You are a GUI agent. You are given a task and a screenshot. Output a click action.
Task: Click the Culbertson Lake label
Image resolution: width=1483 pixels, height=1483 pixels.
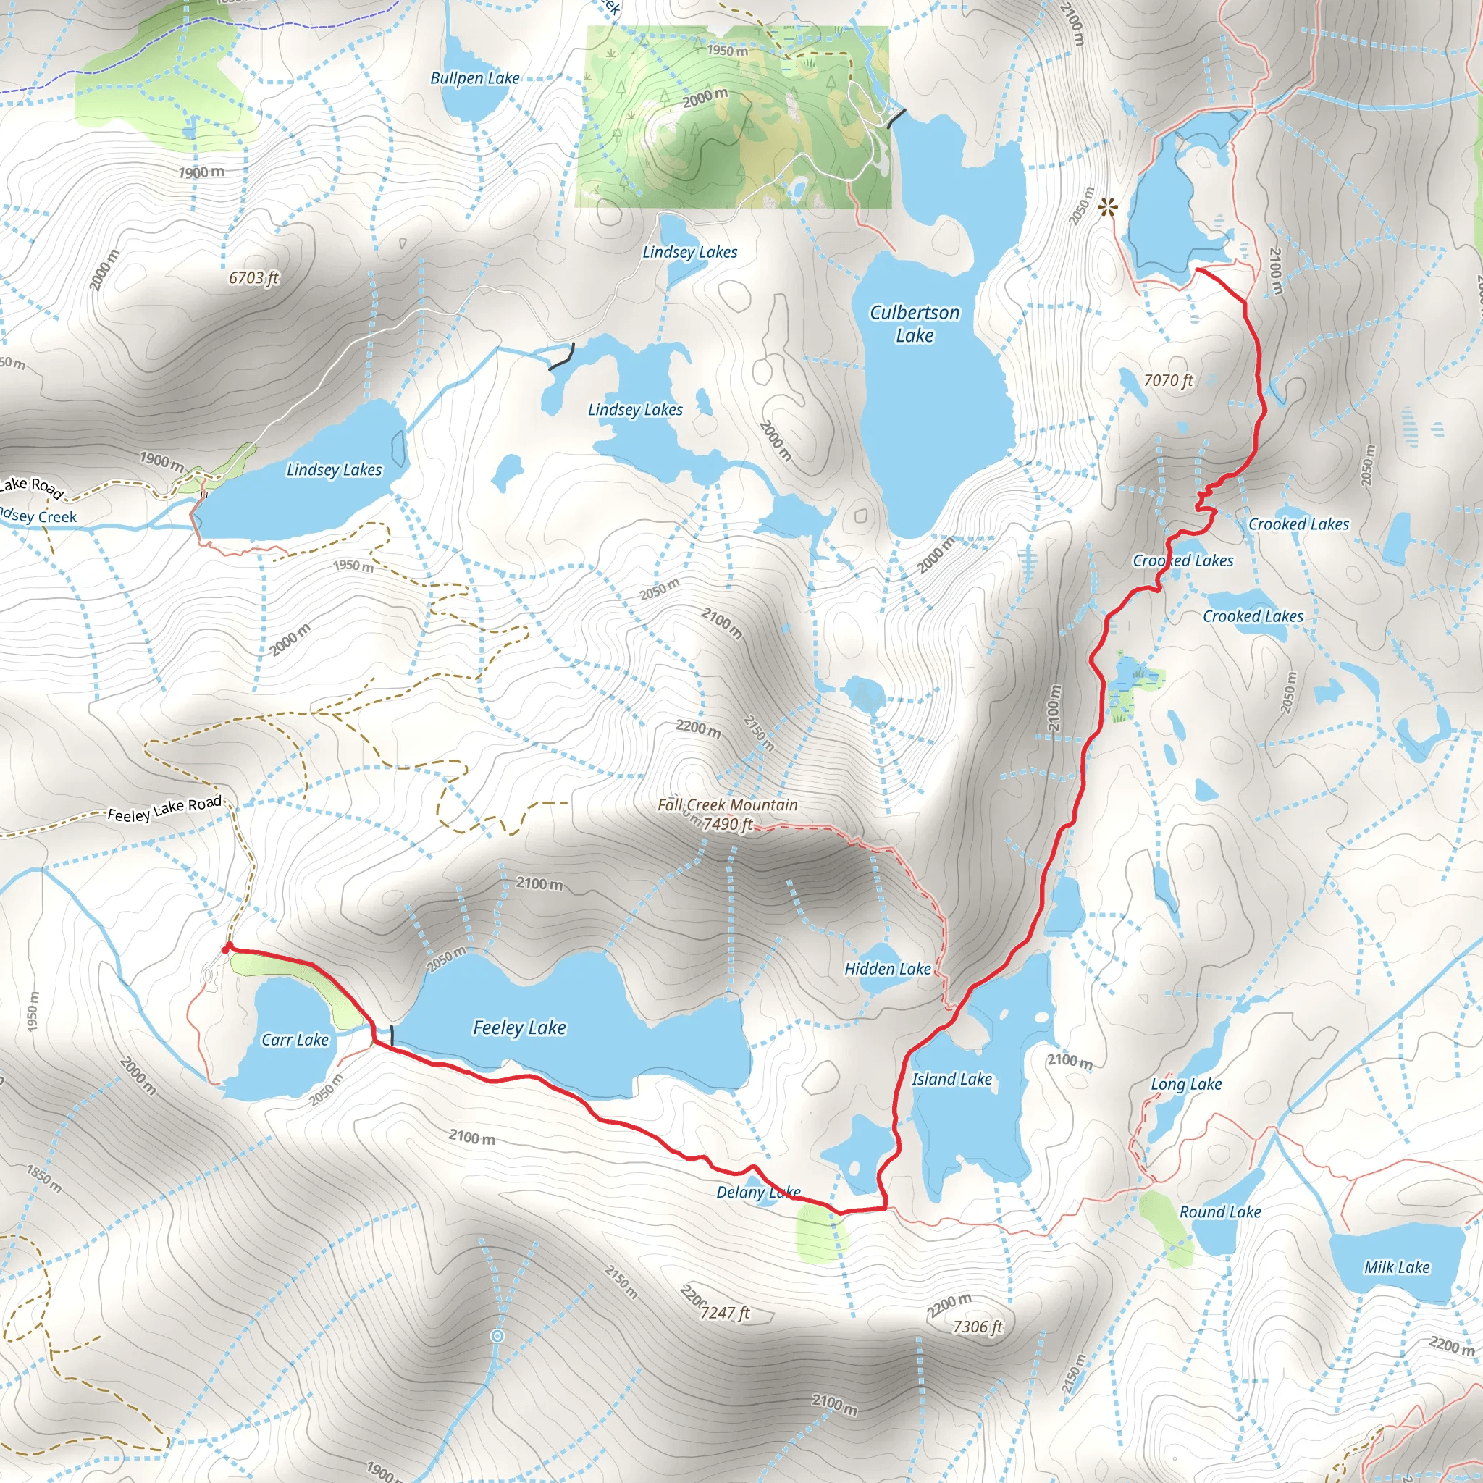tap(915, 324)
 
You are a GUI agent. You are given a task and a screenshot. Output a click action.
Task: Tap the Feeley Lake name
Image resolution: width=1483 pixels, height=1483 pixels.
tap(519, 1028)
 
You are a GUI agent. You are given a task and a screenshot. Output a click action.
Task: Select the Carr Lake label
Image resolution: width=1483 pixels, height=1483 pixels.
tap(295, 1040)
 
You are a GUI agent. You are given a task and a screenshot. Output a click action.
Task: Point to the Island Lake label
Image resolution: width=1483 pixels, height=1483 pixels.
tap(951, 1079)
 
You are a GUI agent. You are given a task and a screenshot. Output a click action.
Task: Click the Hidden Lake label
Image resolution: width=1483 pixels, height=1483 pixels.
tap(887, 969)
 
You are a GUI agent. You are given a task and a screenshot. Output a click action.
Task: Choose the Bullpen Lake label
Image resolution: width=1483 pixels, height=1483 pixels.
tap(474, 78)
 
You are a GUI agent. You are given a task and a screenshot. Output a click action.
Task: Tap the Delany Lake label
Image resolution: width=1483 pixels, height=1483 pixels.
tap(757, 1192)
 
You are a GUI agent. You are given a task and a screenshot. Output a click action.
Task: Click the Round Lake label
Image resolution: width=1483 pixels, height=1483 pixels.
tap(1219, 1212)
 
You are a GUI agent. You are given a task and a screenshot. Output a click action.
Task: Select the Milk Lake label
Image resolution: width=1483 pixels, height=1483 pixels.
tap(1396, 1267)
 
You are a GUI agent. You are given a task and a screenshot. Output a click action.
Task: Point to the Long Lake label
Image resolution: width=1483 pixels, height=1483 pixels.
tap(1186, 1084)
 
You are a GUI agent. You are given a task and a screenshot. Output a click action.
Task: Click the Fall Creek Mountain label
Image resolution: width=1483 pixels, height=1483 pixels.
tap(727, 804)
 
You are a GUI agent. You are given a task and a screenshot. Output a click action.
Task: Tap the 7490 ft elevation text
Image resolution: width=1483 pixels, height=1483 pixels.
tap(728, 824)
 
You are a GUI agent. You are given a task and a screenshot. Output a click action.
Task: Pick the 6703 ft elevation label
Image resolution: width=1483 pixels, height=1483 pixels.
tap(253, 278)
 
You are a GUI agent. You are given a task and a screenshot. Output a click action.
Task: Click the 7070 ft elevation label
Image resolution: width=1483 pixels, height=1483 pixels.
tap(1168, 381)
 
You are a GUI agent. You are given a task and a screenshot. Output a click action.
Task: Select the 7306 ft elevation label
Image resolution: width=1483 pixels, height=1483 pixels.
tap(977, 1327)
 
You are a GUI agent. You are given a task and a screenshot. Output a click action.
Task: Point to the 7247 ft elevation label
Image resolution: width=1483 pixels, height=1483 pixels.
tap(725, 1314)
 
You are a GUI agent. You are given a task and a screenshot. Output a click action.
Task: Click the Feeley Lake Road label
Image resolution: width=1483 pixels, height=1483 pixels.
tap(164, 808)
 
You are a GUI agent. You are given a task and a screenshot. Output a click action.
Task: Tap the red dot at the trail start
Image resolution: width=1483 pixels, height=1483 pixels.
tap(227, 949)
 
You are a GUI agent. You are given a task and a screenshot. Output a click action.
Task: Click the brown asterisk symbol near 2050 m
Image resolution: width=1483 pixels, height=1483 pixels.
tap(1107, 207)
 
